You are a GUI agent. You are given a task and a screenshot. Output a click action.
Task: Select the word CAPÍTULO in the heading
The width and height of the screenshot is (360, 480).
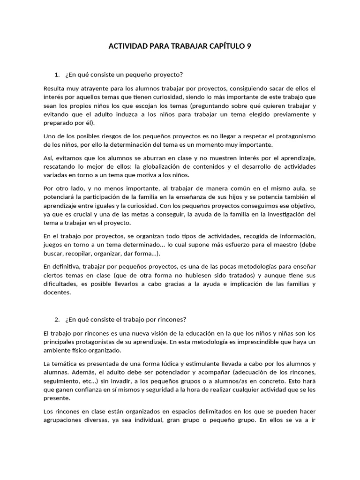coord(223,46)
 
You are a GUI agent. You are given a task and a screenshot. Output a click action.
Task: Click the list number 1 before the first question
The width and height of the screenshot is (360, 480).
coord(57,75)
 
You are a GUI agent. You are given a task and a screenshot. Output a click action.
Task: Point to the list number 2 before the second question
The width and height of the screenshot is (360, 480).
coord(57,320)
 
